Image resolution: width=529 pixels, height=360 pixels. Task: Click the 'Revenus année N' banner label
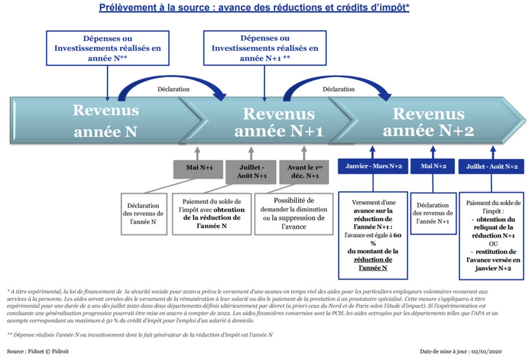tap(105, 121)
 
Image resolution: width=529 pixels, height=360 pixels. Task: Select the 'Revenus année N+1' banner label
tap(279, 122)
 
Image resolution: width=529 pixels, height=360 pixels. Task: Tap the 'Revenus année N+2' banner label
tap(433, 122)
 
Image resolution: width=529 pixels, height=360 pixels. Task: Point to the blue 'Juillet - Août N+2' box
tap(491, 167)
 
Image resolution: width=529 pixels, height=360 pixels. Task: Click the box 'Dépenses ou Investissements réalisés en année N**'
tap(107, 48)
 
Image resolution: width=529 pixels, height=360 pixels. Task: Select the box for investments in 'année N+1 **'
tap(264, 48)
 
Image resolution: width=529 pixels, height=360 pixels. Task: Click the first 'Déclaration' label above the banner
tap(173, 89)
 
